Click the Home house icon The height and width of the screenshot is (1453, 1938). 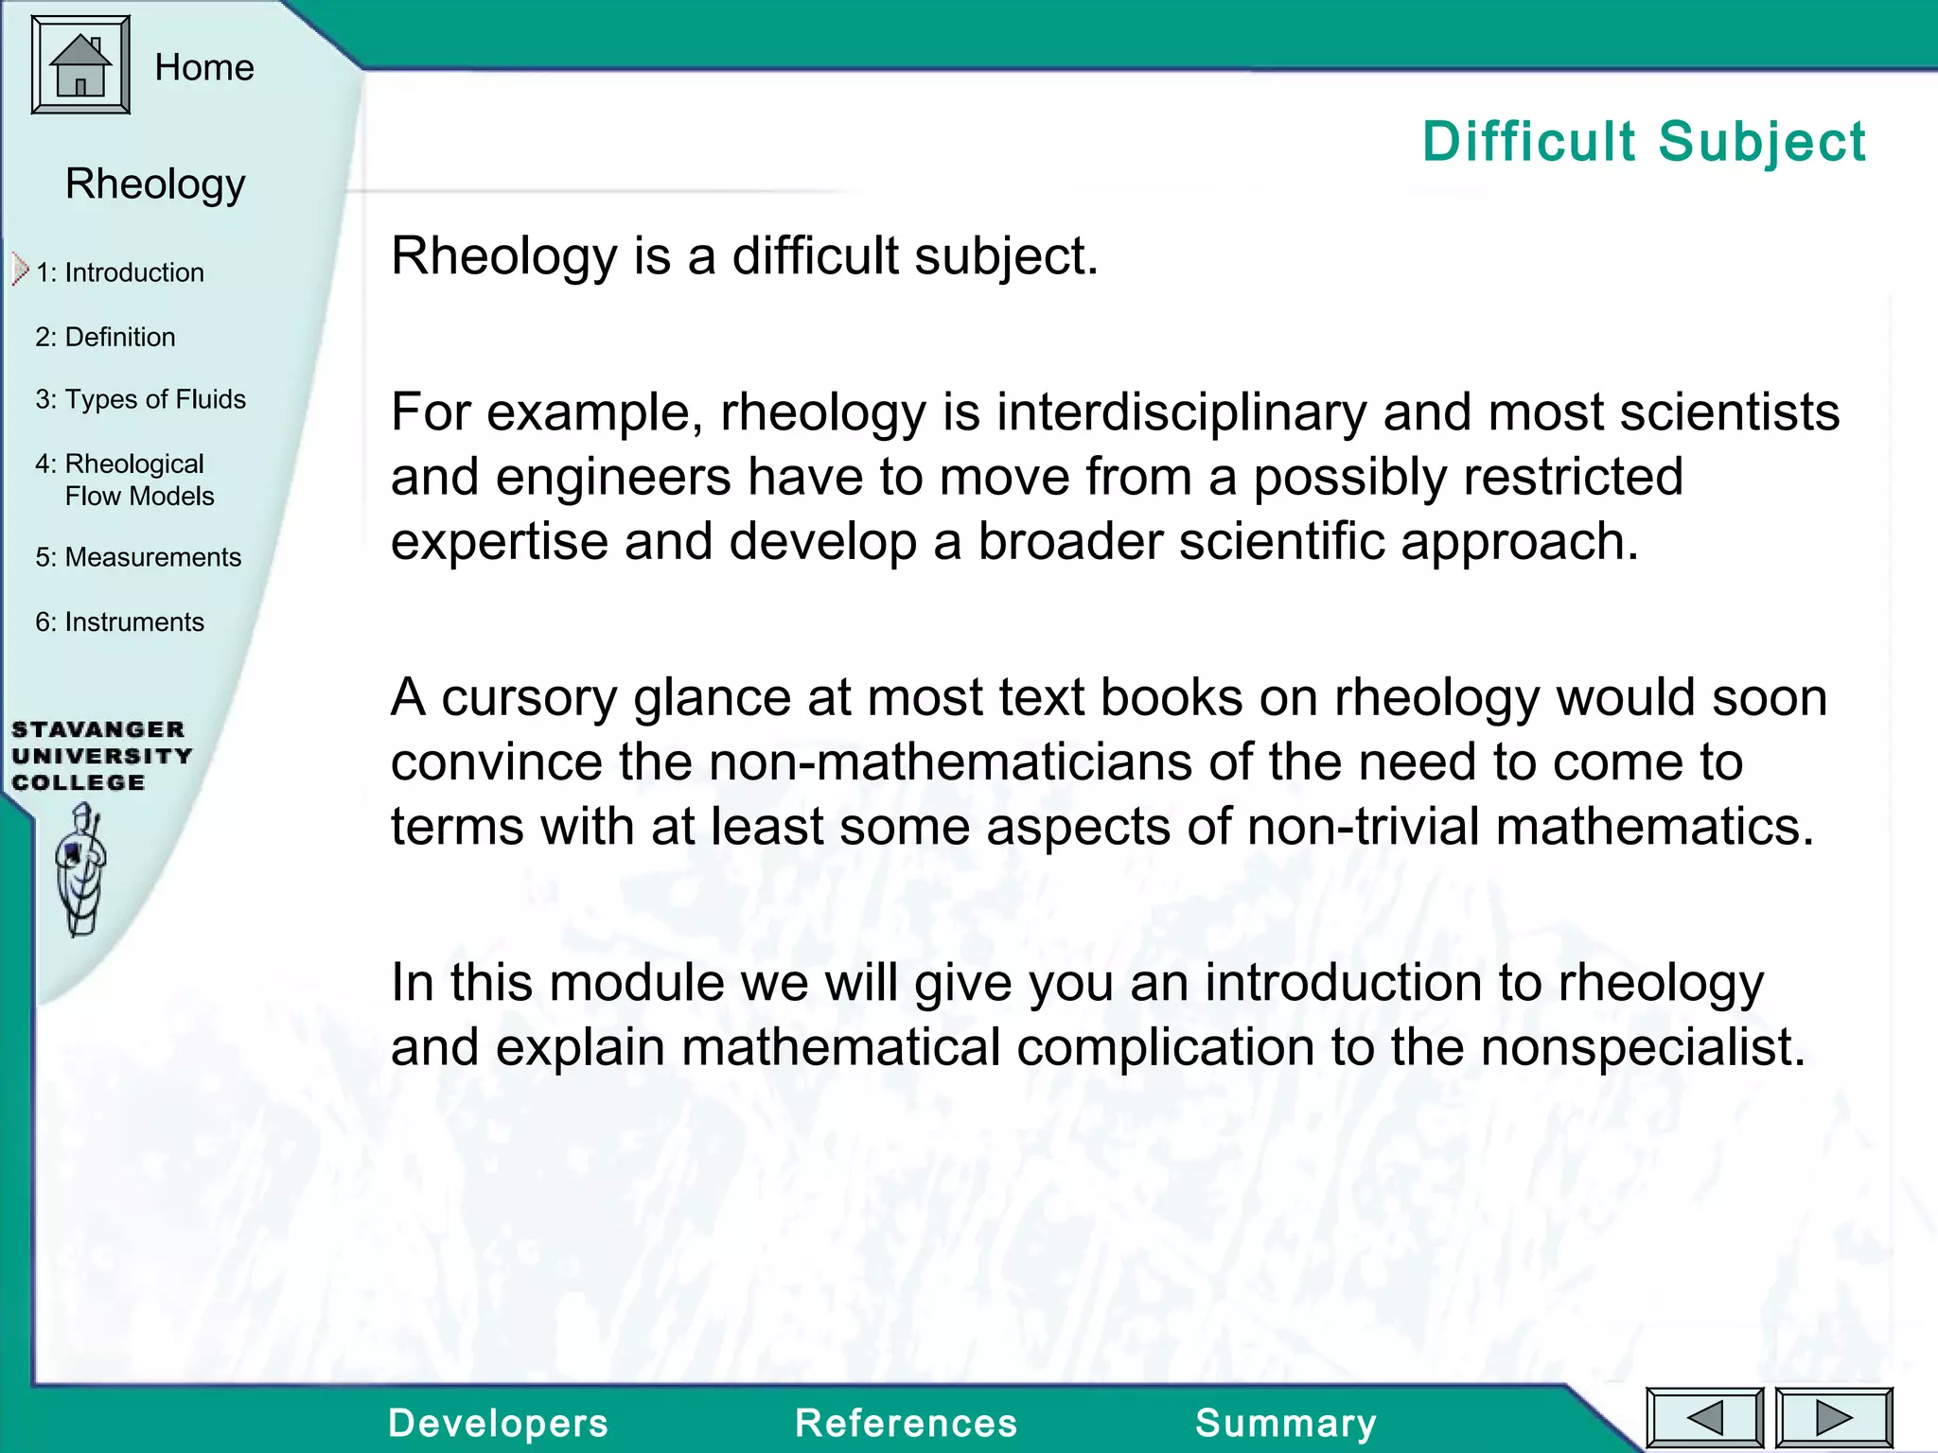[x=80, y=65]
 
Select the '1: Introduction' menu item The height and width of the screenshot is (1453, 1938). [x=120, y=272]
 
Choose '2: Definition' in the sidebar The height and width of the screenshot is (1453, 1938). [x=105, y=337]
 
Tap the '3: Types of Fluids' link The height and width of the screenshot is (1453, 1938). [x=140, y=399]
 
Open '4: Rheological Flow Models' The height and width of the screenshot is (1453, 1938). [x=125, y=480]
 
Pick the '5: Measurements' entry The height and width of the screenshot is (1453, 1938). [x=138, y=557]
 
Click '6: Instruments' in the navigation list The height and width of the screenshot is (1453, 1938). [x=119, y=621]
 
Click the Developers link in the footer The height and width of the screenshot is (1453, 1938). [x=498, y=1423]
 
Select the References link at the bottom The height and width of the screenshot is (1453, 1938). [x=906, y=1423]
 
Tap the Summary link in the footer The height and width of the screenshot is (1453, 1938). [x=1285, y=1423]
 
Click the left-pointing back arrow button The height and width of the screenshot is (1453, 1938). [x=1705, y=1418]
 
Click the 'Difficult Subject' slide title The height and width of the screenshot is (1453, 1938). [x=1644, y=142]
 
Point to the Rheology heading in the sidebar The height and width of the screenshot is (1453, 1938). [x=155, y=184]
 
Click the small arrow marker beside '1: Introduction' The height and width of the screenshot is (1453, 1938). [x=20, y=270]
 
